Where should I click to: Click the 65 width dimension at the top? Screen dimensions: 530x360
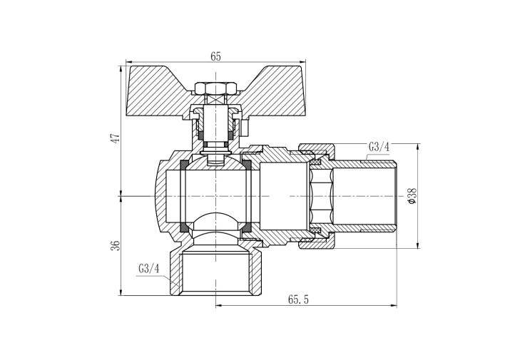215,56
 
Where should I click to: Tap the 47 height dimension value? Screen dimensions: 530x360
116,138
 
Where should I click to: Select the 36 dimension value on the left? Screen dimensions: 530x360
116,245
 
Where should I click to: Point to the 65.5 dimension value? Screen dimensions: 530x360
298,299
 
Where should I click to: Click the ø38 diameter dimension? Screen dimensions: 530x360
412,195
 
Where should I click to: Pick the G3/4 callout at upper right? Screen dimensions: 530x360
379,148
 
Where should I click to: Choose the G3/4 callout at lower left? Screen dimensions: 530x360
148,269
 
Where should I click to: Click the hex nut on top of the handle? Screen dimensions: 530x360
215,88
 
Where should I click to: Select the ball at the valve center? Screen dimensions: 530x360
215,196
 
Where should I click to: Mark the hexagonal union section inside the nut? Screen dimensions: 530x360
320,196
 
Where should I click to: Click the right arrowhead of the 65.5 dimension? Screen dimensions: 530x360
394,306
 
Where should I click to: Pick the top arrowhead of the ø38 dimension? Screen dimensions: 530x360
419,148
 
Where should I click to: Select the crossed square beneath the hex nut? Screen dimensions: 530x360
215,100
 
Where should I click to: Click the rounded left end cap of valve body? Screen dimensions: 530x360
160,196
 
